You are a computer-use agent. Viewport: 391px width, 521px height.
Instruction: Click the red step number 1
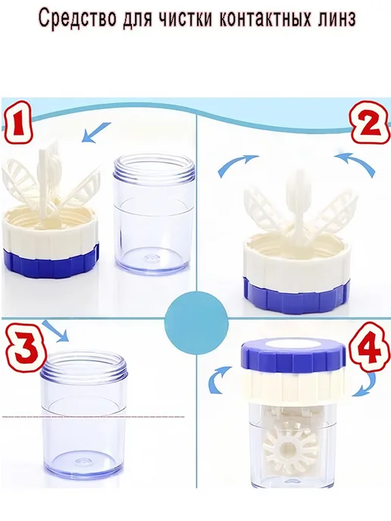tap(18, 123)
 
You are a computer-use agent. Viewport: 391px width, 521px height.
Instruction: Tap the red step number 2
tap(371, 125)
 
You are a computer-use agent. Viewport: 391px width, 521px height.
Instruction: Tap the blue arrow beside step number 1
tap(96, 132)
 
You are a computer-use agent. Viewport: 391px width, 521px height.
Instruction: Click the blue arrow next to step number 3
tap(56, 331)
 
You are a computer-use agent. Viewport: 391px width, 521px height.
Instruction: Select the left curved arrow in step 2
tap(236, 165)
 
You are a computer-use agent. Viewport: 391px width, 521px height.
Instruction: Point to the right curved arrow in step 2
tap(355, 164)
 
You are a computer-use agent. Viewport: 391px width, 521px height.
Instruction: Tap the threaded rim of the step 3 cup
tap(84, 367)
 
